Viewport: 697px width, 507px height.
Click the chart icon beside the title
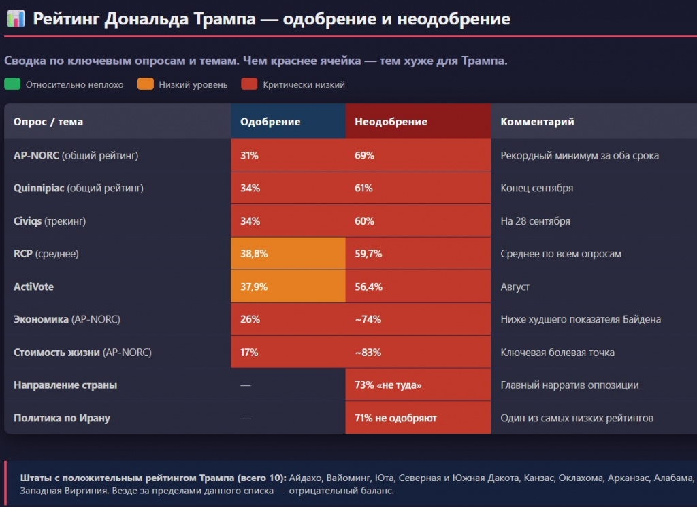16,18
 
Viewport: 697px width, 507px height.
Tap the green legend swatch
12,84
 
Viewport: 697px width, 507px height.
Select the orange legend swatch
146,84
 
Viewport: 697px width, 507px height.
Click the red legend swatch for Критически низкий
249,84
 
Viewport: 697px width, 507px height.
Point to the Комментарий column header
537,122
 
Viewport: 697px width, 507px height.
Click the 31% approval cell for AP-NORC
288,155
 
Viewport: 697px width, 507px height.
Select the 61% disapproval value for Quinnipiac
363,188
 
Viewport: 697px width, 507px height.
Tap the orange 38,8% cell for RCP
288,253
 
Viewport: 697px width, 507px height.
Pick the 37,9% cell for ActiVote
288,286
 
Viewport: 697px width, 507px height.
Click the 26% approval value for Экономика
250,319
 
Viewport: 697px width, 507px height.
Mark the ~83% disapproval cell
418,352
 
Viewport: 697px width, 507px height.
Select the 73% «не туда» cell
418,385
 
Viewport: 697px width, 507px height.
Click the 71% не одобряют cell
418,418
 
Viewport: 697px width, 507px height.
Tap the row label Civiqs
27,221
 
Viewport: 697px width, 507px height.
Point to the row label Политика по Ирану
62,418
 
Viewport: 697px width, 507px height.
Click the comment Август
515,287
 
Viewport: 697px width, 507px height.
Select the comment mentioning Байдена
581,319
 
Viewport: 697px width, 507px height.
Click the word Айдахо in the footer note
305,478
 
